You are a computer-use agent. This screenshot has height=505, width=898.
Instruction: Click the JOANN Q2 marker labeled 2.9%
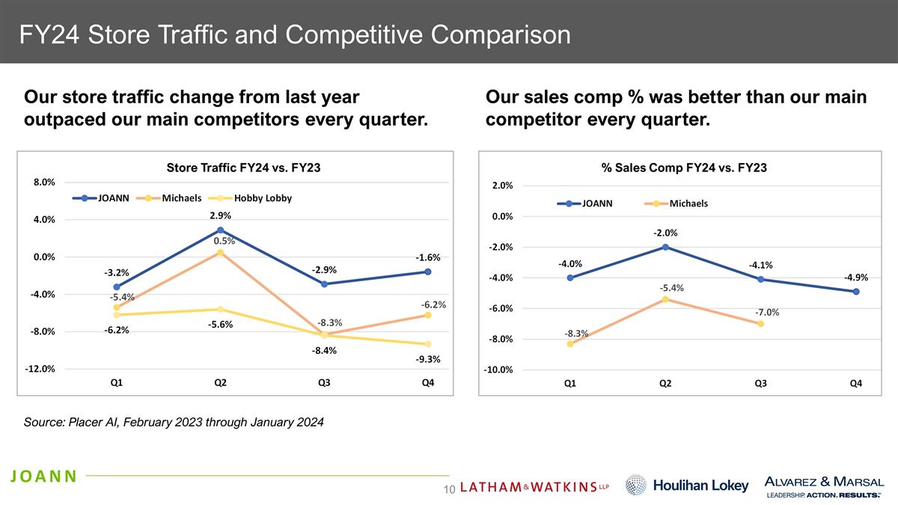pos(220,230)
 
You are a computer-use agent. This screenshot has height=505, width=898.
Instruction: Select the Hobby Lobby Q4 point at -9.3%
pos(427,344)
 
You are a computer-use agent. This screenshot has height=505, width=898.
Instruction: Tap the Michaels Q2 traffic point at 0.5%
pos(220,253)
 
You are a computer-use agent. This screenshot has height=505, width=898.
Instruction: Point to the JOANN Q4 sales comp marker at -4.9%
pos(855,291)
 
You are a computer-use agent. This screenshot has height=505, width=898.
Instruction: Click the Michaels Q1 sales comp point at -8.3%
pos(570,344)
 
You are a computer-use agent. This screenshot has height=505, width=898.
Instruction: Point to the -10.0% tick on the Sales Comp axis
pos(497,370)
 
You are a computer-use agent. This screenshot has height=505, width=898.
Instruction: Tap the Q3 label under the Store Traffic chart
pos(324,383)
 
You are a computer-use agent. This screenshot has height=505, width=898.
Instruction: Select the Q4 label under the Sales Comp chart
pos(855,384)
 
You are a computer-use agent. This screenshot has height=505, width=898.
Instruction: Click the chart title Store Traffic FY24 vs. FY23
pos(243,168)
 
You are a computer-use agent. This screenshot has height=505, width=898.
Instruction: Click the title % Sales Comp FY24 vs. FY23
pos(684,168)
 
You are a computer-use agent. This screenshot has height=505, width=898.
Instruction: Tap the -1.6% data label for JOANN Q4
pos(427,257)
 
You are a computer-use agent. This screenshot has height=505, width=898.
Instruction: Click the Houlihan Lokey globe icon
pos(635,485)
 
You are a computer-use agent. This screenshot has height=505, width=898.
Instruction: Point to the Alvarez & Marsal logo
pos(823,486)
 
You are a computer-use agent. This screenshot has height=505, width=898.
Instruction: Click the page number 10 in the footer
pos(450,489)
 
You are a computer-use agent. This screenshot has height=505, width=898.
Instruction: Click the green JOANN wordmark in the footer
pos(43,476)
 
